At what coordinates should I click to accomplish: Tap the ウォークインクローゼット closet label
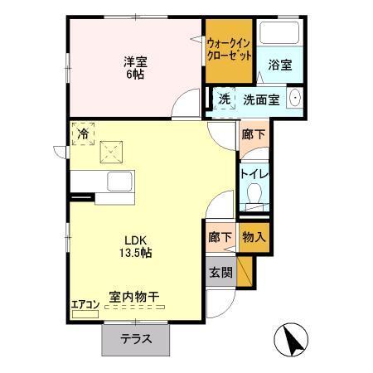tap(228, 50)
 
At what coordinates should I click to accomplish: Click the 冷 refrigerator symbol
tap(83, 131)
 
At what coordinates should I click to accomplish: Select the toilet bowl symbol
tap(253, 196)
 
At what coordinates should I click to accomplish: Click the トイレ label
tap(253, 173)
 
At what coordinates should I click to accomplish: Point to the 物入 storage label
tap(253, 235)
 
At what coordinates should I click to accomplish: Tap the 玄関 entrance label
tap(220, 270)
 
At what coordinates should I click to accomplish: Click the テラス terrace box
tap(136, 338)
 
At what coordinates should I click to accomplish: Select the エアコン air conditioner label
tap(85, 303)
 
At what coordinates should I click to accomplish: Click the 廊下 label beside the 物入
tap(220, 235)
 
